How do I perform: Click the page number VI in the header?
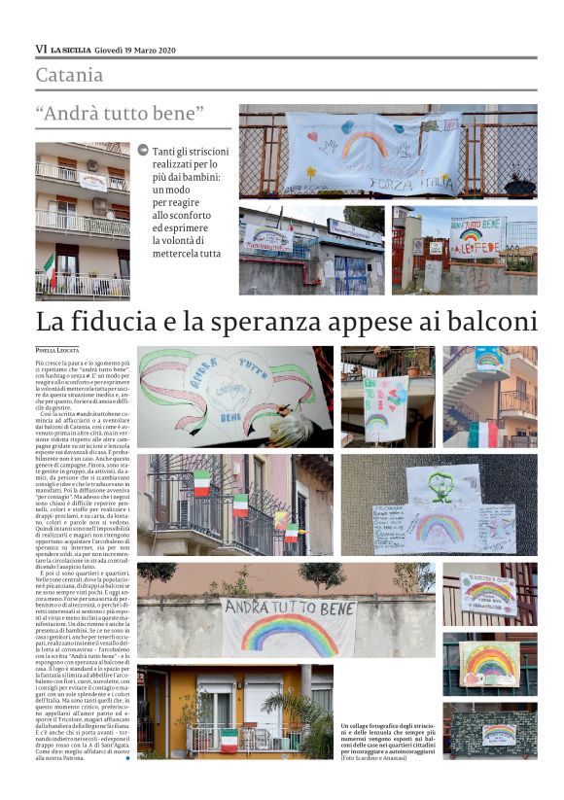(40, 50)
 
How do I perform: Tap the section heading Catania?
(69, 75)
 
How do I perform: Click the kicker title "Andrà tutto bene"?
(121, 114)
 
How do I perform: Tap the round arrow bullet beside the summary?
(143, 151)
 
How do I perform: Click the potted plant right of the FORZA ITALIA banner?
(519, 184)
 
